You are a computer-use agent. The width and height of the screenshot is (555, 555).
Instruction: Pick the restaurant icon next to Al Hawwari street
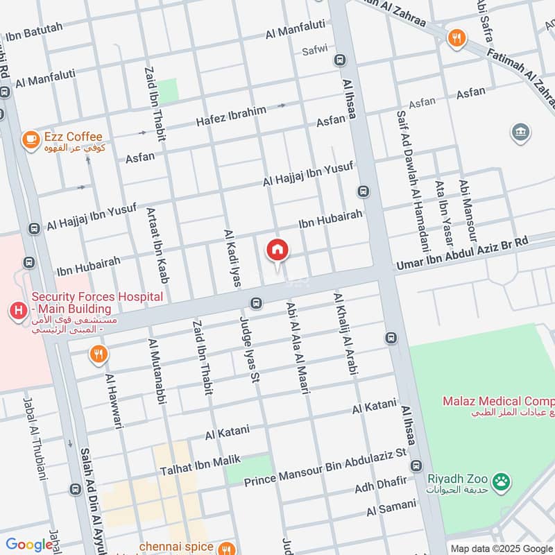pos(99,355)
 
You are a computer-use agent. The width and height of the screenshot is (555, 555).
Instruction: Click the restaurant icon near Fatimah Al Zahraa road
pos(456,38)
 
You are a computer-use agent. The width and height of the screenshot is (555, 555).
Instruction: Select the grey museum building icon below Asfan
pos(520,132)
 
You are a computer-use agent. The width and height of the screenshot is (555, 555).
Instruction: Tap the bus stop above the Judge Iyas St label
pos(256,303)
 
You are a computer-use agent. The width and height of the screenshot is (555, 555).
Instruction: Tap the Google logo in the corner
pos(28,545)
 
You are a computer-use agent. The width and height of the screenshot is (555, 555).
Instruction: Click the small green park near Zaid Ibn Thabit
pos(168,90)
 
